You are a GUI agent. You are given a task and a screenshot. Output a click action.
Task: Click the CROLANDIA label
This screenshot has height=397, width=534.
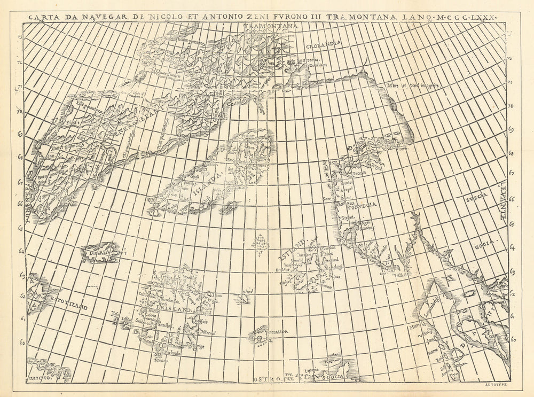[323, 46]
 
